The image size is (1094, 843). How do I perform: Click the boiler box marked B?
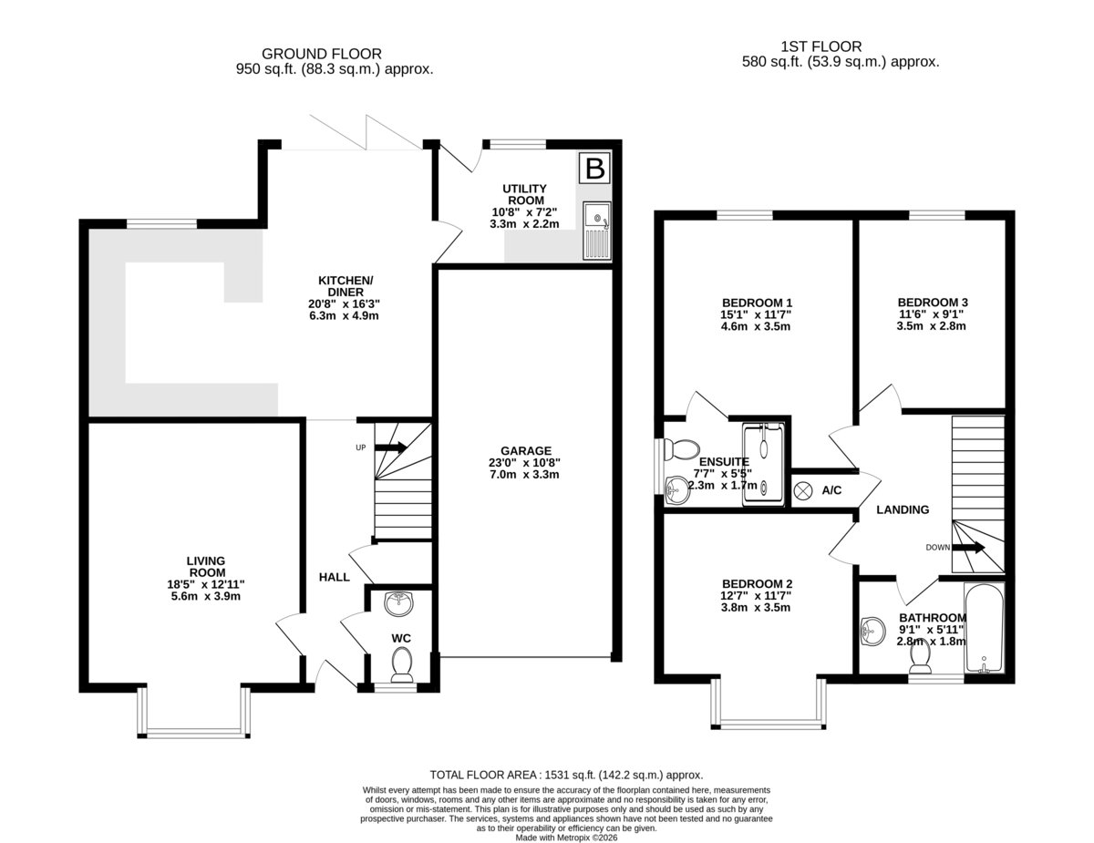[594, 167]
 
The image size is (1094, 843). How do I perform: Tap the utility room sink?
[596, 231]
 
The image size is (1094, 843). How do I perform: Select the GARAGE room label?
[526, 451]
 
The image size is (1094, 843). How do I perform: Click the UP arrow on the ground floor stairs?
[391, 447]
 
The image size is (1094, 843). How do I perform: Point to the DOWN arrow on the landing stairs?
[968, 547]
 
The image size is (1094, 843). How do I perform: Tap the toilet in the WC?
[402, 665]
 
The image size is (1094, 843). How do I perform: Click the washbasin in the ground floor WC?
[398, 604]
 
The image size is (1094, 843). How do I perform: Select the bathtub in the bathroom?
[984, 628]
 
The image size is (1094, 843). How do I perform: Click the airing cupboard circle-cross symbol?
[802, 490]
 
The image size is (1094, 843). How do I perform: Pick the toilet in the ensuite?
[681, 449]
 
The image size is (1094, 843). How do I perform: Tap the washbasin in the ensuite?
[677, 490]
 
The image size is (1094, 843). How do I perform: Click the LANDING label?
[903, 509]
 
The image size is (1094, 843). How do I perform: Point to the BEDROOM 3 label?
[933, 303]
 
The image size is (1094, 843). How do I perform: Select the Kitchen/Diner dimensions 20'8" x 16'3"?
[344, 304]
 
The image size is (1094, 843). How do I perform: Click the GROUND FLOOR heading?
[322, 54]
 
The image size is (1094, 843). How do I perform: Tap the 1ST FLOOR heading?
[821, 46]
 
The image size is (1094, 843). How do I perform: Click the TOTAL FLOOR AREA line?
[566, 775]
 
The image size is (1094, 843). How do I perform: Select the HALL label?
[335, 577]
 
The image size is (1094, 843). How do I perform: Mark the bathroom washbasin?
[873, 632]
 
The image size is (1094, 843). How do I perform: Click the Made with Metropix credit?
[566, 838]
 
